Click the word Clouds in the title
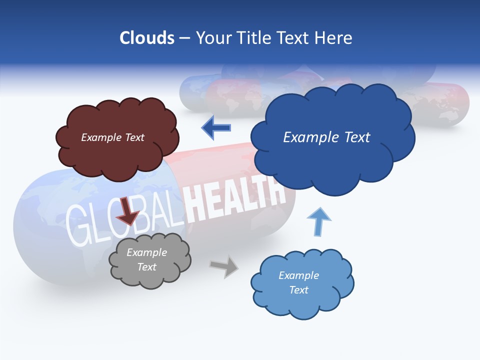click(146, 38)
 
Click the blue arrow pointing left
click(216, 128)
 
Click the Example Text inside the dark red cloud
click(112, 137)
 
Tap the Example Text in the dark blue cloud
click(326, 137)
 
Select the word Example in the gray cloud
click(146, 252)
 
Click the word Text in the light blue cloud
click(298, 290)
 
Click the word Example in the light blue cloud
click(298, 275)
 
